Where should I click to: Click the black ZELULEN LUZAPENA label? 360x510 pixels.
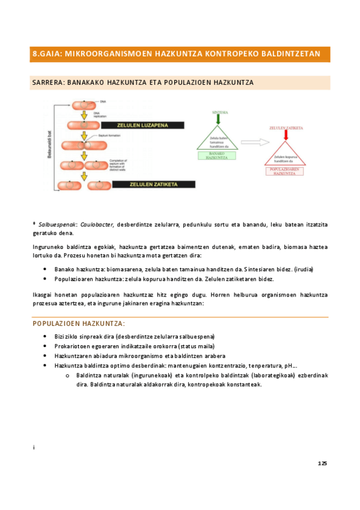pos(140,125)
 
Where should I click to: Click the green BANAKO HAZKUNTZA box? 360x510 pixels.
pos(216,156)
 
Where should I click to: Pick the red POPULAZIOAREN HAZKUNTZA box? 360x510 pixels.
pos(285,171)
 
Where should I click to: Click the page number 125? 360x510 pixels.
pos(322,463)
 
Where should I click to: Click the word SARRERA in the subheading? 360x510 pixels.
pos(47,82)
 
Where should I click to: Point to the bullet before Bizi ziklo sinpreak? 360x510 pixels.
pos(46,336)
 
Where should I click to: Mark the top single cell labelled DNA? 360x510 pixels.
pos(84,103)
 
